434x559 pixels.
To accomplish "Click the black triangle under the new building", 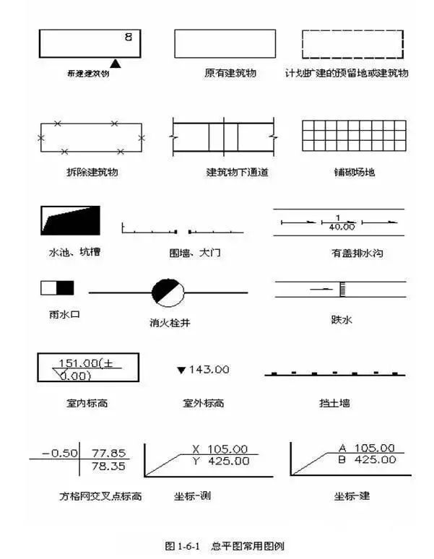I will click(115, 64).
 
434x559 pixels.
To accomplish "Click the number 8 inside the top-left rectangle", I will click(128, 36).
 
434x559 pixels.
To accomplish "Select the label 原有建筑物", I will click(230, 74).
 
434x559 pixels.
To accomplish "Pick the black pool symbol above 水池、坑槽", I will click(70, 220).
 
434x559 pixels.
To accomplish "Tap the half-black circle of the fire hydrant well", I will click(168, 292).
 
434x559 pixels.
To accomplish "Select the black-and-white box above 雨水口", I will click(57, 288).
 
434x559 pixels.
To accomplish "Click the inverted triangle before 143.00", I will click(181, 370).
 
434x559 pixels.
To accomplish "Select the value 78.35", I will click(107, 467).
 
